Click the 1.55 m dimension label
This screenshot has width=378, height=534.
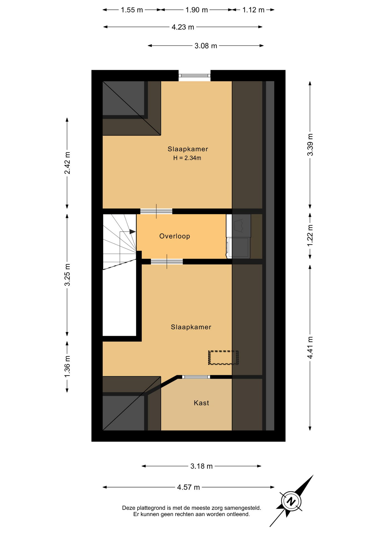pos(132,10)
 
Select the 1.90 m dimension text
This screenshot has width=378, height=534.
pos(197,10)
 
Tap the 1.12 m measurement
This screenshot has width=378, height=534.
pos(253,10)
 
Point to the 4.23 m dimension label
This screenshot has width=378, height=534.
pos(183,27)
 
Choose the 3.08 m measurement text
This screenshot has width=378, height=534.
pos(206,46)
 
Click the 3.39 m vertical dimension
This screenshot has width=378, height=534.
pos(310,145)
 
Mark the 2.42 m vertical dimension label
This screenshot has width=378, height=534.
pos(67,163)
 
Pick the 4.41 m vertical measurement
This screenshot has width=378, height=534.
pos(310,347)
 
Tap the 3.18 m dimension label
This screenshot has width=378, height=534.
pos(202,466)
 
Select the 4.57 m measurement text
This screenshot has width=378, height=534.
pos(188,487)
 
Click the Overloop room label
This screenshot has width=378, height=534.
pos(175,236)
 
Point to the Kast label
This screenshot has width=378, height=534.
pos(201,403)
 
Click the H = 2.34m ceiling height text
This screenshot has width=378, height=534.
pos(187,158)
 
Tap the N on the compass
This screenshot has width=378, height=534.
pos(291,502)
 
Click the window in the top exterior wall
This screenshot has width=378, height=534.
pos(194,76)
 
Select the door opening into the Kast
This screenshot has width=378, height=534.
pos(196,377)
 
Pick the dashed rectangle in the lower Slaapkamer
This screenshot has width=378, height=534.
pos(224,358)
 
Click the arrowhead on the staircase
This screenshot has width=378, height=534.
pos(132,232)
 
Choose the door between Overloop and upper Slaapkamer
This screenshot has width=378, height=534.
pos(156,211)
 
